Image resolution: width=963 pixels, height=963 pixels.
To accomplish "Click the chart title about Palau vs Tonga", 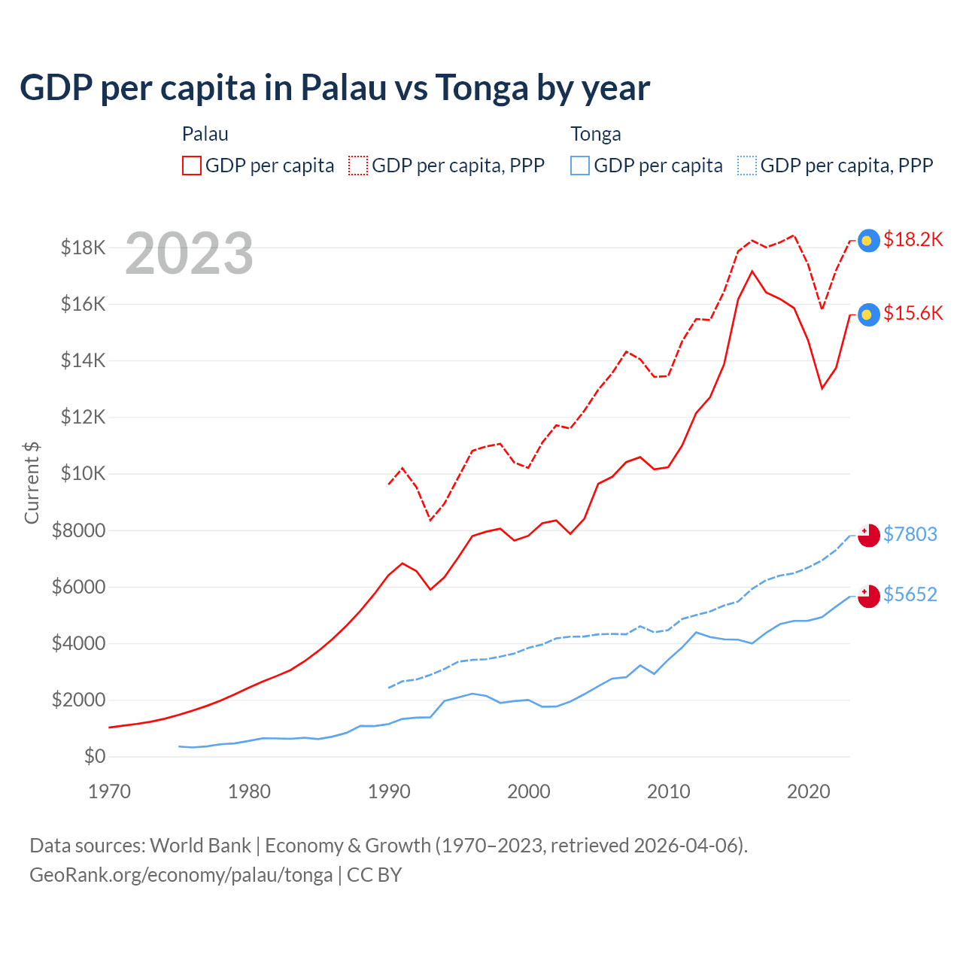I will point(335,88).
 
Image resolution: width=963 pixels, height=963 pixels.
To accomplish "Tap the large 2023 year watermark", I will point(189,254).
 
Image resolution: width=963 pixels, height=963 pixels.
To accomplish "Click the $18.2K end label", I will point(913,239).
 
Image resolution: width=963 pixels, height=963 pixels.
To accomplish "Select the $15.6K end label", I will point(913,313).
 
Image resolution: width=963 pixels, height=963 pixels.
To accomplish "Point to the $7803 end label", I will point(910,534).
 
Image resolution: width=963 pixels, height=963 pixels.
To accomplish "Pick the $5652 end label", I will point(910,594).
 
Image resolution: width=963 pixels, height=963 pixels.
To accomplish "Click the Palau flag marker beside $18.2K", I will point(869,240).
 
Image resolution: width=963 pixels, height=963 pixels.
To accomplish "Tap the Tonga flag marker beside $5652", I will point(869,595).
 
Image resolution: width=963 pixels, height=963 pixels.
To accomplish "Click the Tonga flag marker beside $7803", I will point(869,535).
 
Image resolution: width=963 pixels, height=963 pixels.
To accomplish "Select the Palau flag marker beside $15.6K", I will point(869,314).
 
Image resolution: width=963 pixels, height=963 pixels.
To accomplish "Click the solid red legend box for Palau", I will point(192,166).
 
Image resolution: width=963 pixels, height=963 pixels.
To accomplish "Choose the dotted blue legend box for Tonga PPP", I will point(747,166).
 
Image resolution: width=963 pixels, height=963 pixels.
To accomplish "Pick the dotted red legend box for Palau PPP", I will point(359,166).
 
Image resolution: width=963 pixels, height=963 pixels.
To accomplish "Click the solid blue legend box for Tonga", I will point(580,166).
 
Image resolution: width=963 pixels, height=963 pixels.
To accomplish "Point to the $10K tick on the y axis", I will point(84,473).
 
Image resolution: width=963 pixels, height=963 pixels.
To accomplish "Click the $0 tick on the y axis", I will point(94,756).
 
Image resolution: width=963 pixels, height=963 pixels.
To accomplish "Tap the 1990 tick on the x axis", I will point(389,791).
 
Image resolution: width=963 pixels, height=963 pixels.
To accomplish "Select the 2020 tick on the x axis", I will point(809,791).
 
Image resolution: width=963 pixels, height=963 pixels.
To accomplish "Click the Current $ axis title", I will point(32,482).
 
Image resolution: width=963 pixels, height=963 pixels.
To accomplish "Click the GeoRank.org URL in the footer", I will point(181,875).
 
